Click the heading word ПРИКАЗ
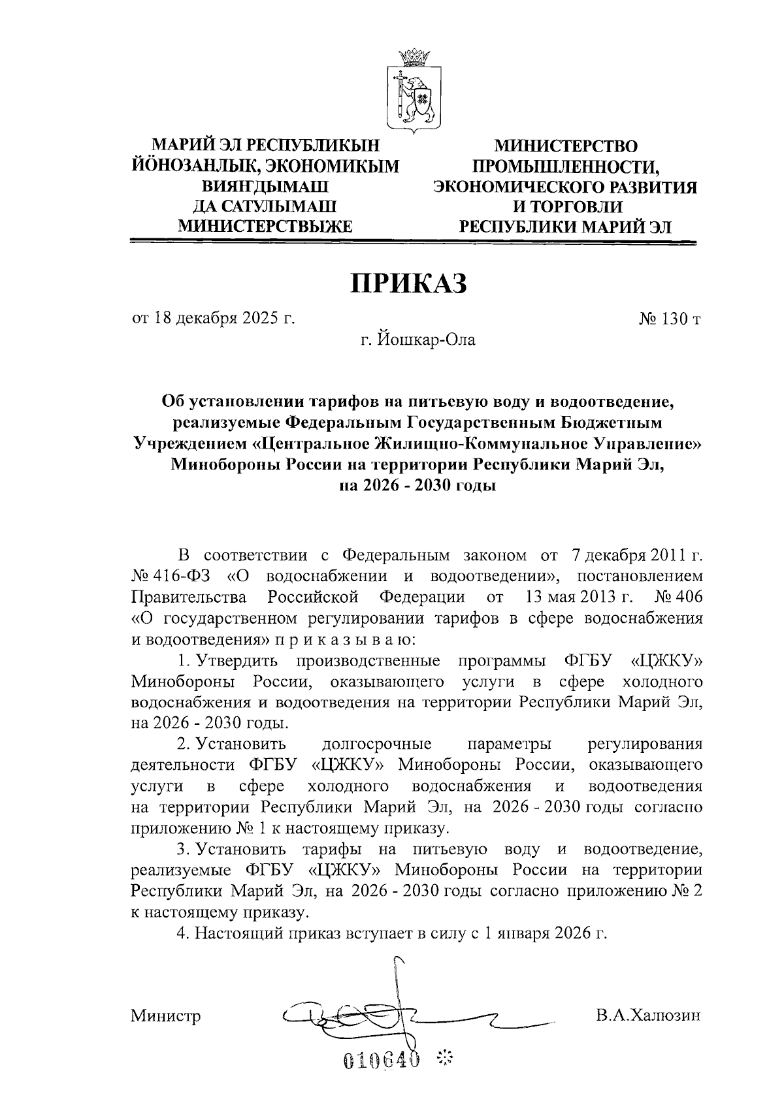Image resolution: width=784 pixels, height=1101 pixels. coord(410,284)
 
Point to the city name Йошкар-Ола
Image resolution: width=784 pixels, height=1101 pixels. coord(420,340)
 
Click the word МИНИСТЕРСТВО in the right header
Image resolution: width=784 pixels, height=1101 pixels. coord(565,147)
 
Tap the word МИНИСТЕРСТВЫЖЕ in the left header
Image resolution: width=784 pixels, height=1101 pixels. coord(265,227)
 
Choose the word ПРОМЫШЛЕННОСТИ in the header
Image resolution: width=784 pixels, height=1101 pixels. coord(565,167)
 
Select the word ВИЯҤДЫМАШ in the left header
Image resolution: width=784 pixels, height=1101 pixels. coord(265,187)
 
